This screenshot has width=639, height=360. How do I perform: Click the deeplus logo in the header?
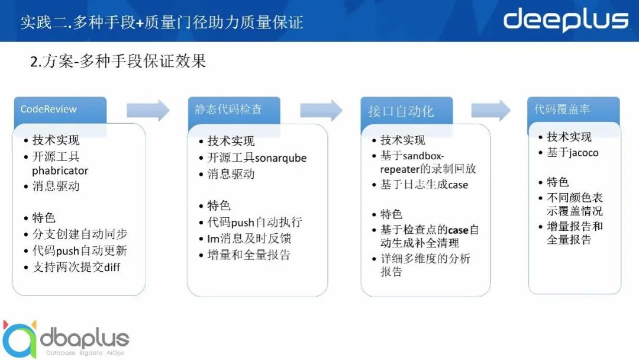pos(566,20)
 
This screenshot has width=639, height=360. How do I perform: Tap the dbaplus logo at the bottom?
pos(65,339)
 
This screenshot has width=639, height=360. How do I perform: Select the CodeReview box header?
pos(60,110)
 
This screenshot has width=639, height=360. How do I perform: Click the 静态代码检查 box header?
pos(234,110)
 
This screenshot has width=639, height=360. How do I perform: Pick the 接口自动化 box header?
pos(406,111)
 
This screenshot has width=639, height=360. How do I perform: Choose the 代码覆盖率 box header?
pos(573,110)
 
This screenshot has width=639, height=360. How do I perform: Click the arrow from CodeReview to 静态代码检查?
pos(148,110)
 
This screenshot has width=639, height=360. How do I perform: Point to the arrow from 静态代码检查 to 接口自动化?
pos(321,110)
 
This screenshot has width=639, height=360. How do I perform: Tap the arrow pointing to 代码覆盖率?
pos(490,110)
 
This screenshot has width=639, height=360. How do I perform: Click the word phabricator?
pos(60,171)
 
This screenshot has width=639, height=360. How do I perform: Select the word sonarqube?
pos(280,157)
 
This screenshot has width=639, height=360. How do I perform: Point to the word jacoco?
pos(584,153)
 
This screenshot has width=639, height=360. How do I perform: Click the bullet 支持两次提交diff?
pos(76,268)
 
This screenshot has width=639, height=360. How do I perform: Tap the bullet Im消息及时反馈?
pos(249,239)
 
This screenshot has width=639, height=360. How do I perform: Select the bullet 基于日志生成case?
pos(424,185)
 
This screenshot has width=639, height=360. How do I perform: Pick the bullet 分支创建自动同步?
pos(80,234)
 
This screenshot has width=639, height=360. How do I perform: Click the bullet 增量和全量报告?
pos(248,255)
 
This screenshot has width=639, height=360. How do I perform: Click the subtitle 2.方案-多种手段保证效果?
pos(118,61)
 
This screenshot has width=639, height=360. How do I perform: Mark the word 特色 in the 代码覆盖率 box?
pos(557,182)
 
